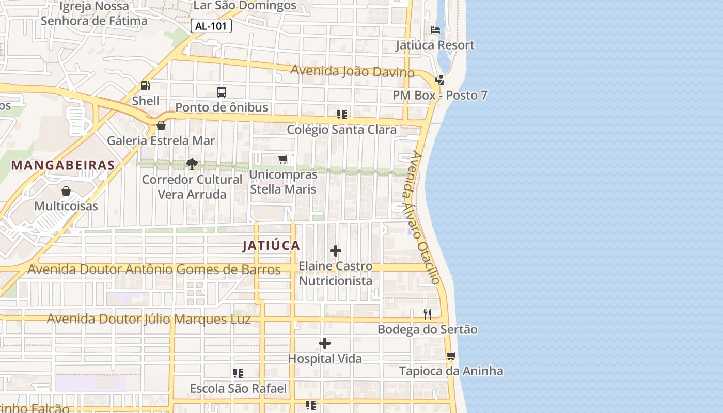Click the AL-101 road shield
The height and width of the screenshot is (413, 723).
(211, 26)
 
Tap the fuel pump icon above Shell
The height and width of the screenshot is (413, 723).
(146, 86)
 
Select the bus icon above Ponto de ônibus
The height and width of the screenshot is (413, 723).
(222, 92)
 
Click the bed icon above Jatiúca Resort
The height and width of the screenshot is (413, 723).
(435, 30)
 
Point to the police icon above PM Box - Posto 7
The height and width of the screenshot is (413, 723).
(439, 80)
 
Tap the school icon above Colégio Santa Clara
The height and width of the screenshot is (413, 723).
(341, 114)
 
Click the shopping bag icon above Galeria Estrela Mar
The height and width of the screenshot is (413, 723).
(161, 125)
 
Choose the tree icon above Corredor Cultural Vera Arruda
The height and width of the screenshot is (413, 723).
(192, 164)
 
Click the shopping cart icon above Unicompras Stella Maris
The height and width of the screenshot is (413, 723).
(283, 159)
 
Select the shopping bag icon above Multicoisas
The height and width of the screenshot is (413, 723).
(66, 191)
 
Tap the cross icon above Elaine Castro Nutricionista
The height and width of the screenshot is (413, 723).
(336, 251)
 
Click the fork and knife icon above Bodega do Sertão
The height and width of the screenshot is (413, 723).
(428, 314)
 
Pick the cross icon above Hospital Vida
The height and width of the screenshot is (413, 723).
(325, 343)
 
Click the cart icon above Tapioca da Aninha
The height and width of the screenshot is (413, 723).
(451, 356)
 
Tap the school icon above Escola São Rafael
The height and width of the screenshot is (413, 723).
(238, 373)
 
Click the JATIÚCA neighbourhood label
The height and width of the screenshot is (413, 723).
(271, 246)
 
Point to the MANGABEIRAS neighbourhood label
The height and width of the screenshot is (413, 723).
(63, 165)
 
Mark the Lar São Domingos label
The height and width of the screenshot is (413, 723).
(245, 6)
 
